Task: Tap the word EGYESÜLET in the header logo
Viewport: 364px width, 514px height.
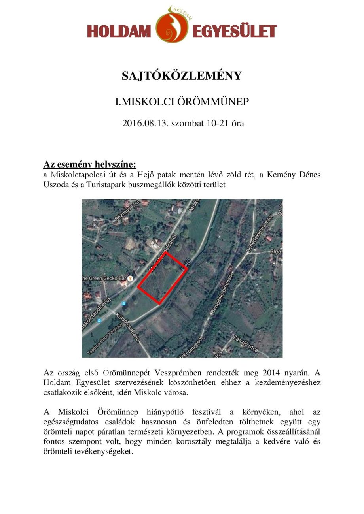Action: pos(234,31)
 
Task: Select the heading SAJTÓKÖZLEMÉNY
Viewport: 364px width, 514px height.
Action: pos(182,75)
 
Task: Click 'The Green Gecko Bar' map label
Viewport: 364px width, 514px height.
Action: pos(100,278)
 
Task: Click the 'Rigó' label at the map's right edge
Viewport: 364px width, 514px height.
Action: pos(276,251)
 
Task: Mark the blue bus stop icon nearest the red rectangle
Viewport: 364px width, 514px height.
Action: pos(124,303)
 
